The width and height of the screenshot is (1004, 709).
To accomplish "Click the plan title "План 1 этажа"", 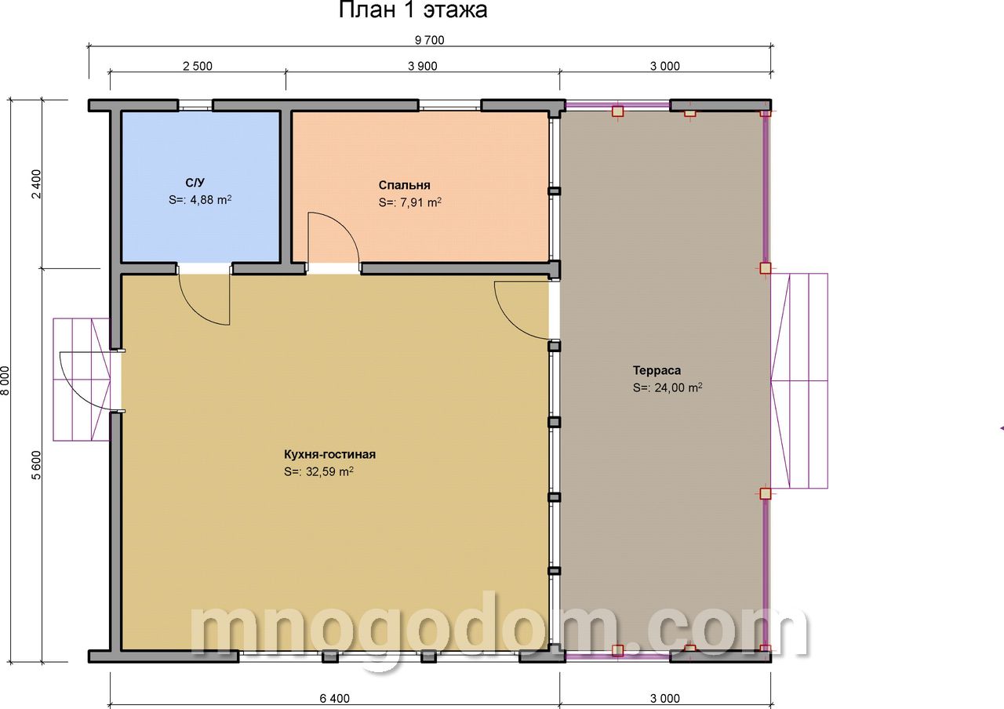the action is [413, 10].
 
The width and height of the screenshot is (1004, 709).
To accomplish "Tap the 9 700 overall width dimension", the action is [429, 40].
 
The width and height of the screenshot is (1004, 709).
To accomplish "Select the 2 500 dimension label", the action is [197, 67].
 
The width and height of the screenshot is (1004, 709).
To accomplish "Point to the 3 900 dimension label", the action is [422, 67].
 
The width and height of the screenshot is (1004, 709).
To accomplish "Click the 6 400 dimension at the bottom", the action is [334, 698].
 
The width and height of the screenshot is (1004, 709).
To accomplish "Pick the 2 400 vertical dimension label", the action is [36, 184].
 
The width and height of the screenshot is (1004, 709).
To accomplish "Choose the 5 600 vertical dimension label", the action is [36, 465].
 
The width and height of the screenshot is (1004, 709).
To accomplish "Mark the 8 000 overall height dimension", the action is [5, 380].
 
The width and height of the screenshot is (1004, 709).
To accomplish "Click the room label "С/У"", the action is [195, 183].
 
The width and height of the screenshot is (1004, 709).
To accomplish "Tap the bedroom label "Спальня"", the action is [404, 185].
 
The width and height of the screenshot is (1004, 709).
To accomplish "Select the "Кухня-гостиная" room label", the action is [329, 454].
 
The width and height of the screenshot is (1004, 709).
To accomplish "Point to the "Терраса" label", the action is [657, 371].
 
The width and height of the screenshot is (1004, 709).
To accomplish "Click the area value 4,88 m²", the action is [200, 200].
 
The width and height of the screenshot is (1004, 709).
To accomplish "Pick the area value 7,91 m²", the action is [409, 202].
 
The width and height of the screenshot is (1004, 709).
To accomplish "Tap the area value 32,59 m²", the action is [318, 471].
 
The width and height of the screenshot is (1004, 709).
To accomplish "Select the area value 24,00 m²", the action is [668, 387].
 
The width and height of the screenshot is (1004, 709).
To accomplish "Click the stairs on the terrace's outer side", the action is [799, 381].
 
